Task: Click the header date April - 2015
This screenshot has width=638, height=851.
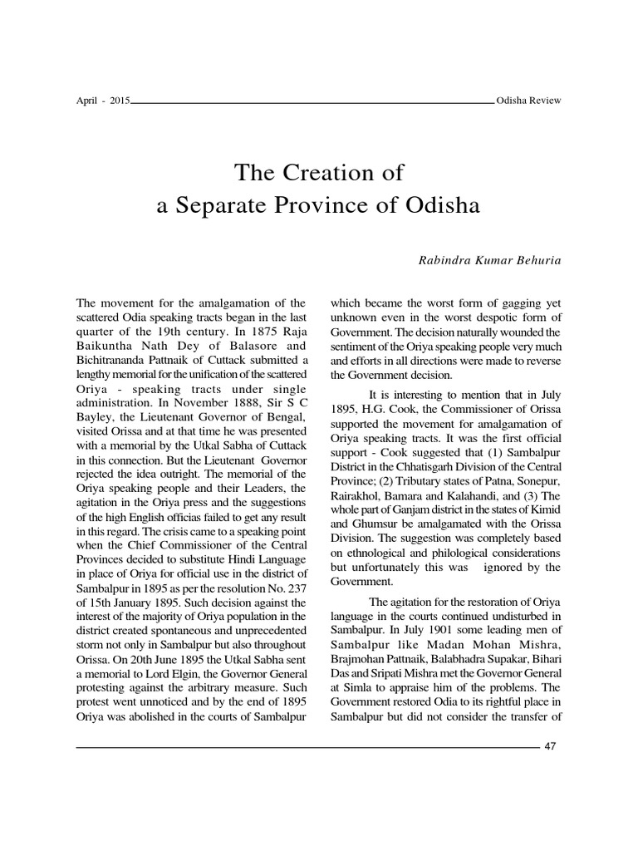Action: click(101, 101)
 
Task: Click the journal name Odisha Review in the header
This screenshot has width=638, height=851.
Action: click(528, 101)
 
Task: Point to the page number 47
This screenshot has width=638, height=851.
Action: click(550, 745)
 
